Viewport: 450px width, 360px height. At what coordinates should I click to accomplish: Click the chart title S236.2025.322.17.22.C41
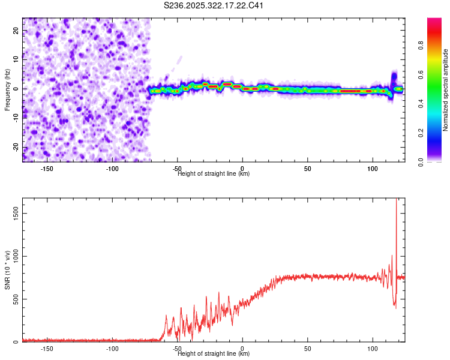point(214,6)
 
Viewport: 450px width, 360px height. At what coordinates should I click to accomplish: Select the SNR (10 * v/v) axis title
point(7,270)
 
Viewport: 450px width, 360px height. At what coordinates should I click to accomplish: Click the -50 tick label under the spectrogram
point(177,168)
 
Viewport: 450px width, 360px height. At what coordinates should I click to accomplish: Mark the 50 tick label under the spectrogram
point(307,168)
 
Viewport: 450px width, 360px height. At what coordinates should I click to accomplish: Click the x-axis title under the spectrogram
point(214,174)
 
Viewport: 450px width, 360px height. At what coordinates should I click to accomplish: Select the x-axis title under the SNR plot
point(214,354)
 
